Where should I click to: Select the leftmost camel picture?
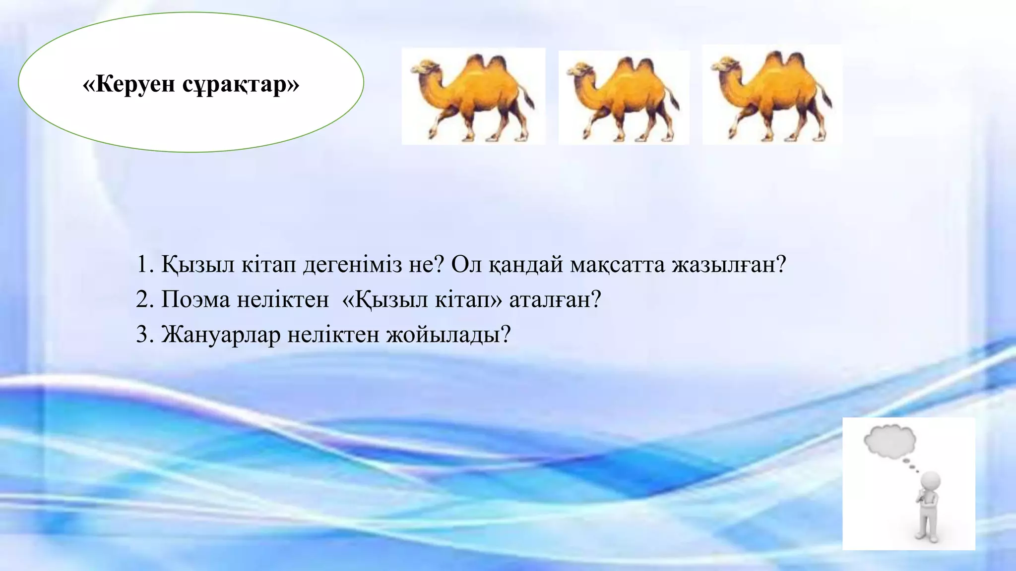click(x=473, y=97)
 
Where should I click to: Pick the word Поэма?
click(x=195, y=300)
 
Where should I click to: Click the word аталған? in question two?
click(x=555, y=300)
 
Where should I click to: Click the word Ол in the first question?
click(x=466, y=265)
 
